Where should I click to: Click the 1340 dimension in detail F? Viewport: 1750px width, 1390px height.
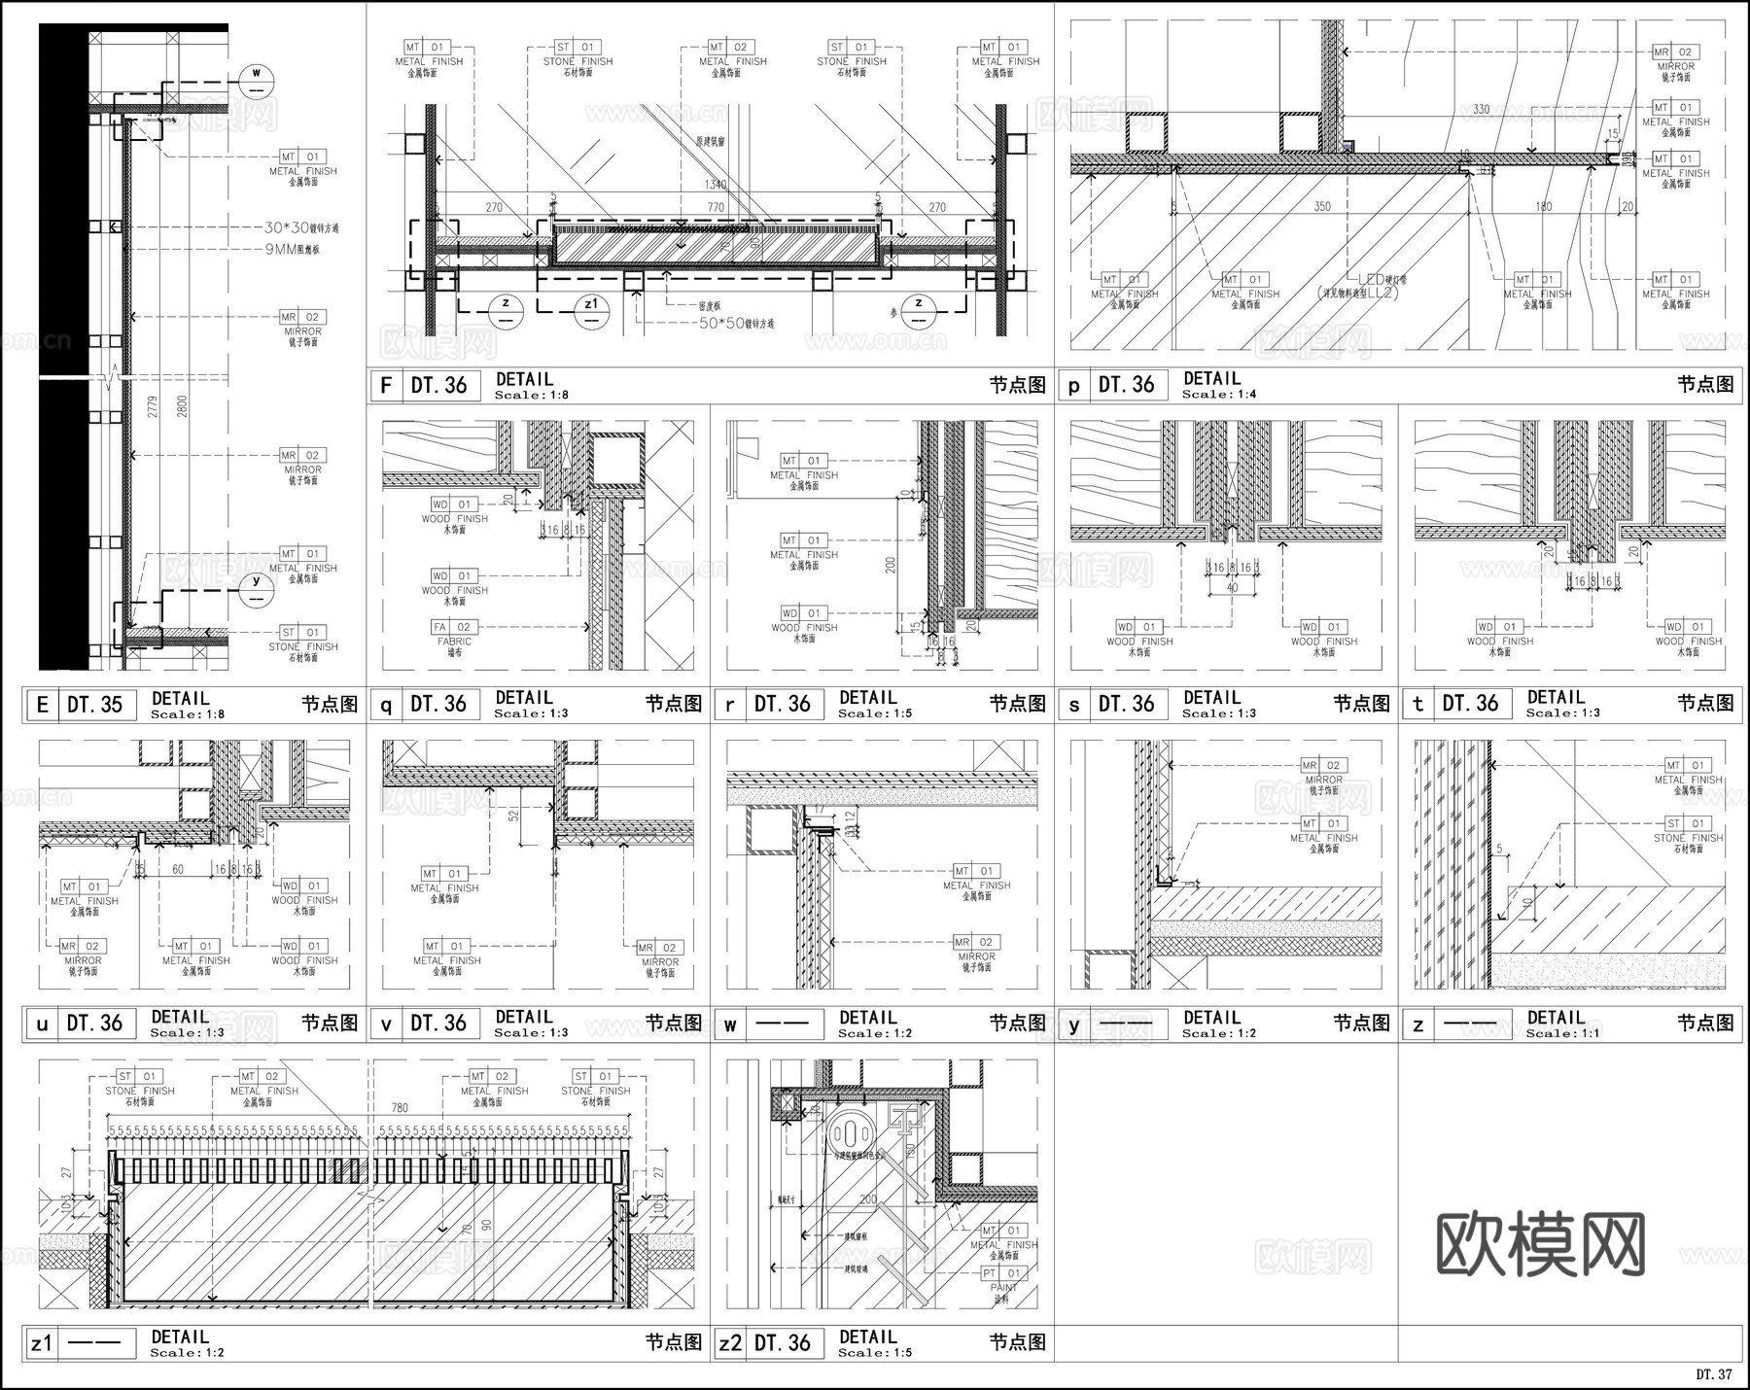716,185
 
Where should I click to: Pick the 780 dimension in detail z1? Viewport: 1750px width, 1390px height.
400,1107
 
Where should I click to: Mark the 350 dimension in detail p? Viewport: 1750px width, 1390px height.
1322,206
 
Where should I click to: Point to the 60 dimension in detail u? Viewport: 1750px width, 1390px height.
178,870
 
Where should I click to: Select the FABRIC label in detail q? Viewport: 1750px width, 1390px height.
454,642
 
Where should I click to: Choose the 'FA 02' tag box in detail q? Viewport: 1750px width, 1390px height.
454,627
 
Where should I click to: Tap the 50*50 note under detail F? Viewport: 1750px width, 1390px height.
737,323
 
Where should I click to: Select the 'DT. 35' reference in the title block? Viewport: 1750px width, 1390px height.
95,705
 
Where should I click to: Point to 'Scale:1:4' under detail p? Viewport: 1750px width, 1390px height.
1219,395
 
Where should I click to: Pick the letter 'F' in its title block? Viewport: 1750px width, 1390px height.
386,386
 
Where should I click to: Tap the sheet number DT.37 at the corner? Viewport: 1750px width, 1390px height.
1714,1374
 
